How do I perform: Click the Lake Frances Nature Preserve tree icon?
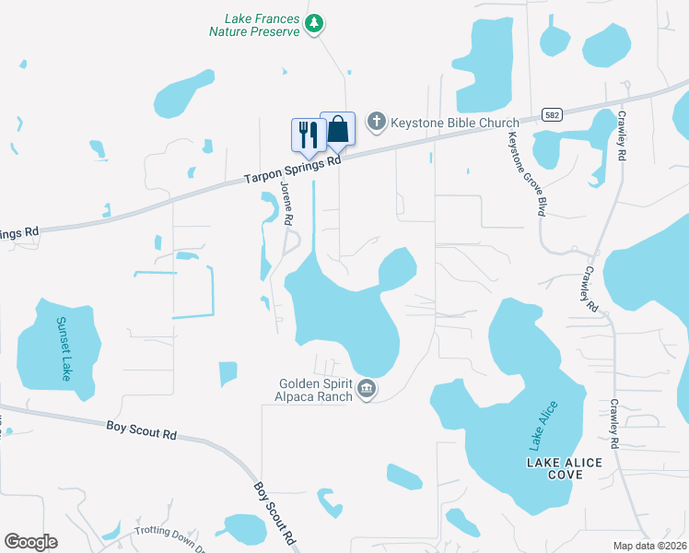(314, 23)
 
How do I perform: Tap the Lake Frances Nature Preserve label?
(263, 25)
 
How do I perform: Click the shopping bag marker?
(338, 130)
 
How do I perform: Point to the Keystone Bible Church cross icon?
(376, 121)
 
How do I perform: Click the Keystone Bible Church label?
(443, 121)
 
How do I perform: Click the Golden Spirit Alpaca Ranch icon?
(367, 391)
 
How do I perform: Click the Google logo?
(30, 542)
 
